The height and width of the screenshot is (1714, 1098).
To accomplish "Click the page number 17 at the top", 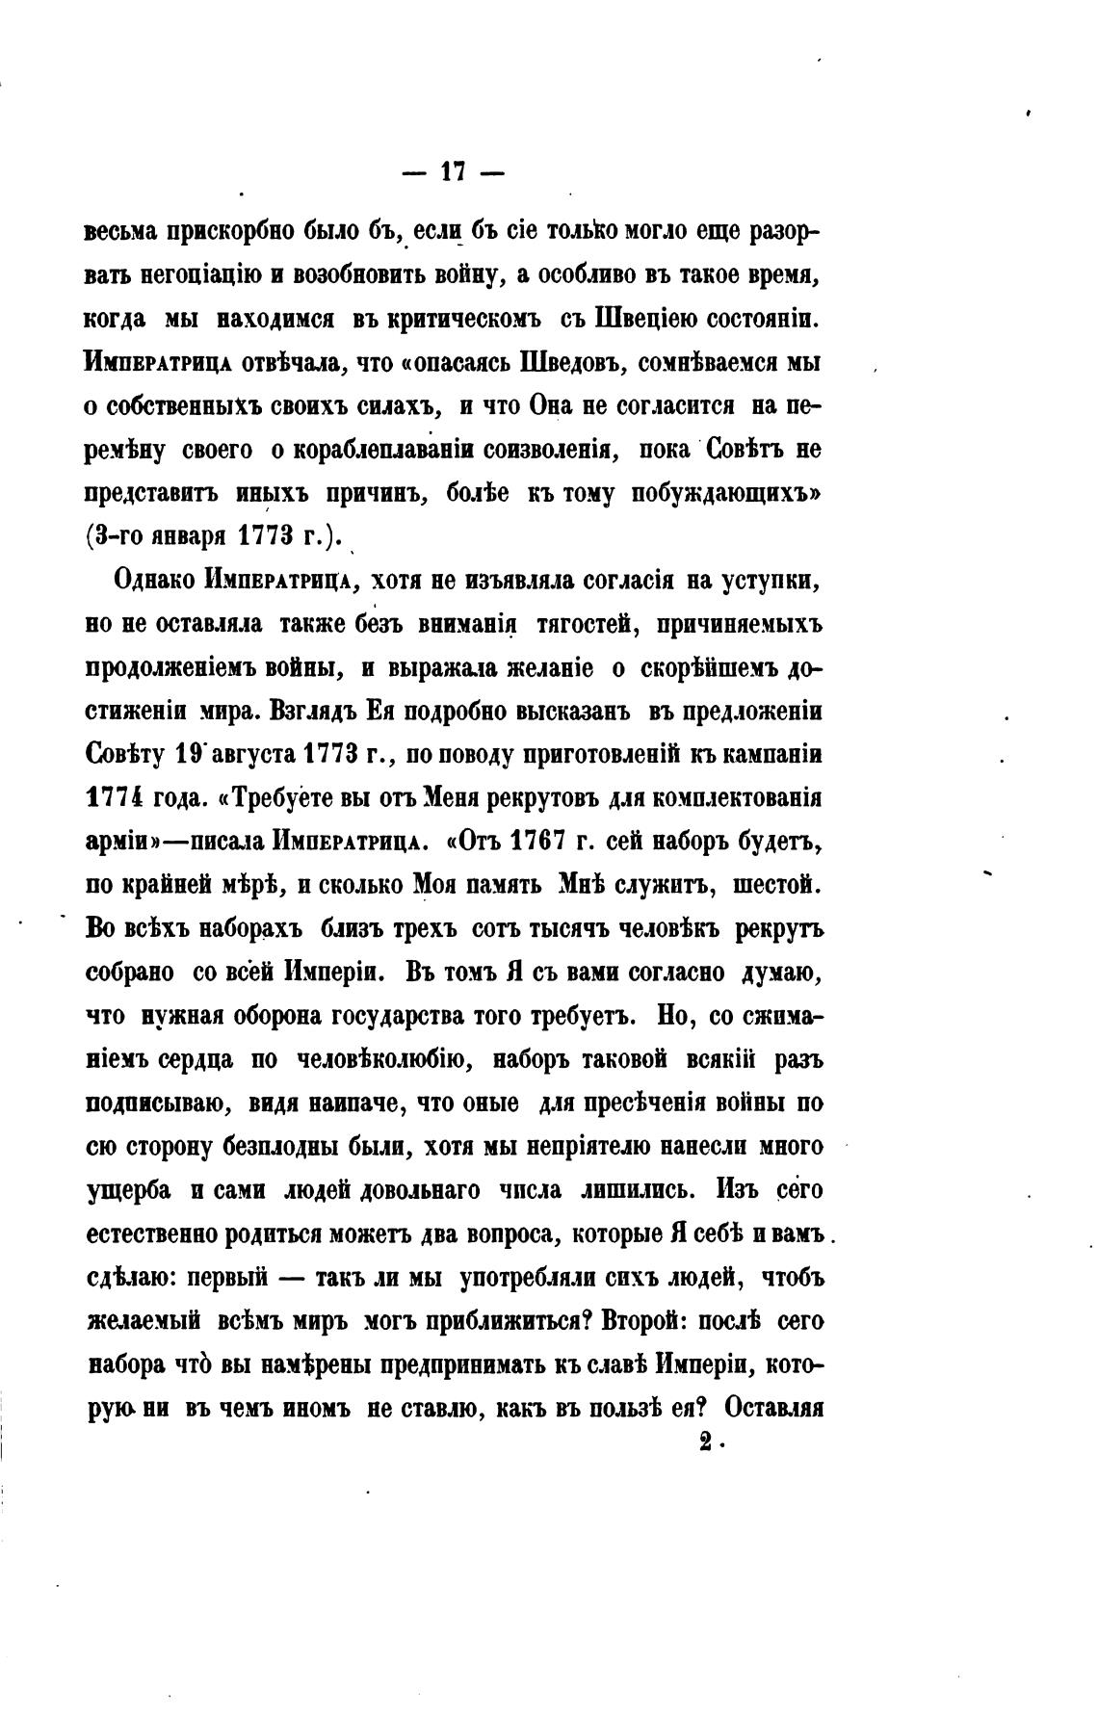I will pos(453,172).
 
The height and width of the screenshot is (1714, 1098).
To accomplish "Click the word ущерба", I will pos(129,1191).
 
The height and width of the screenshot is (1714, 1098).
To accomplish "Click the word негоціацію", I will pos(201,276).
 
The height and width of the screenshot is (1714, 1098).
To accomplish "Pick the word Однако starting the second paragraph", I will pos(154,581).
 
